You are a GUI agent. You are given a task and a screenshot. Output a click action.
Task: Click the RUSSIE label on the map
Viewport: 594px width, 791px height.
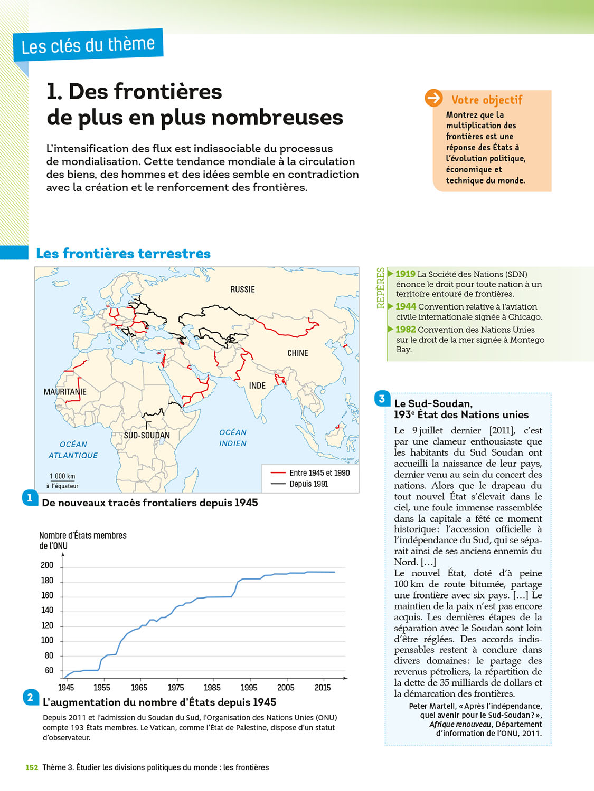(242, 290)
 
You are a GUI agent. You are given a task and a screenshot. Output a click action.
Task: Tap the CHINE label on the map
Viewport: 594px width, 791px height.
(298, 353)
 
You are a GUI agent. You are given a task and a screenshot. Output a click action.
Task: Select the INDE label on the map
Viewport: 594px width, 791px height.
(257, 386)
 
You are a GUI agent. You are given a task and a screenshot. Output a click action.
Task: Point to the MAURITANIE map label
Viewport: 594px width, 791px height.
(65, 392)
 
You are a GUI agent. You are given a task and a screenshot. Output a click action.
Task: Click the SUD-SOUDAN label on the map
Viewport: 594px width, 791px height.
(147, 436)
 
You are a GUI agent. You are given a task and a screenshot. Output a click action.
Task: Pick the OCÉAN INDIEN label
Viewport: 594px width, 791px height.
(233, 438)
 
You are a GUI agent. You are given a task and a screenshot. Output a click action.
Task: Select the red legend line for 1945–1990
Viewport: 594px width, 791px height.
(278, 473)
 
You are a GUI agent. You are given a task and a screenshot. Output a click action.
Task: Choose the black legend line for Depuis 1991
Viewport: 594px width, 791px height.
(278, 484)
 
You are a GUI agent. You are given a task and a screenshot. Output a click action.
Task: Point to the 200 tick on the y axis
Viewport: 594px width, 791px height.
(47, 565)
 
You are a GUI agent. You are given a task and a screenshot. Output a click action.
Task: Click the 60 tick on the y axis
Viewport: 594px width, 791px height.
(49, 671)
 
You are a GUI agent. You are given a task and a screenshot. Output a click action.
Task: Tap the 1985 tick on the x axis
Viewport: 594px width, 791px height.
(212, 688)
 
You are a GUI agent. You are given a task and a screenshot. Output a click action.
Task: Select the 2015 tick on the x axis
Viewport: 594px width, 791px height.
(323, 688)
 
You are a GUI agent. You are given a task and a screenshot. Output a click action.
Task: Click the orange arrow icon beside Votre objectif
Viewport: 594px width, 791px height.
(434, 98)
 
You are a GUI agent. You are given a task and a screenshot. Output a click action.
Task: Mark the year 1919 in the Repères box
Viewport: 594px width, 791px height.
(406, 274)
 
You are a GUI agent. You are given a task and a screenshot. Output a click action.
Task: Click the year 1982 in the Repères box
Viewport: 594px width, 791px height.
(406, 330)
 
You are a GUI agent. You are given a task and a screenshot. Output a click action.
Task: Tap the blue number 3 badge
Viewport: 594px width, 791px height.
(382, 398)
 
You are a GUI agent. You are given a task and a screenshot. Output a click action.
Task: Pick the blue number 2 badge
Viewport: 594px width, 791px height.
(31, 698)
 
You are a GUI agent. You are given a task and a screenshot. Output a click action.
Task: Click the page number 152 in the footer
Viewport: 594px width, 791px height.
(32, 768)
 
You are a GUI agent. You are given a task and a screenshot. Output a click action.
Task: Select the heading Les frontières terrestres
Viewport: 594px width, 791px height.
(123, 254)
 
